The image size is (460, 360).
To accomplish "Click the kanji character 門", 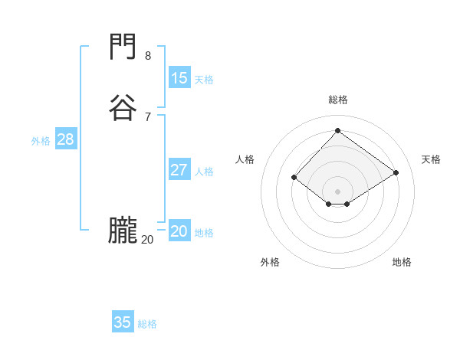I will (123, 49).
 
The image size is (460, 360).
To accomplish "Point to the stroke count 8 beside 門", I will (148, 56).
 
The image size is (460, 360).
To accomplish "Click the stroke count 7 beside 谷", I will (148, 116).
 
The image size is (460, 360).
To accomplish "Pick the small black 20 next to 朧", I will (147, 240).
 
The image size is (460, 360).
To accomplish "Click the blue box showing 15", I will (179, 78).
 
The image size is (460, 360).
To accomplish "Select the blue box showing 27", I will (179, 170).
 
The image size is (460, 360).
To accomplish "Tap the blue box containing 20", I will (179, 231).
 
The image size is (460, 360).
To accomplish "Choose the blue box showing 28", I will (65, 139).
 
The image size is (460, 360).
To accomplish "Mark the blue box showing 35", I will (123, 322).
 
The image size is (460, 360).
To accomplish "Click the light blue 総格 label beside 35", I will (148, 324).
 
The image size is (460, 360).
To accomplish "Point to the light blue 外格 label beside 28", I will (41, 141).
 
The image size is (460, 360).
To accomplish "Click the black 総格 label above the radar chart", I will (338, 100).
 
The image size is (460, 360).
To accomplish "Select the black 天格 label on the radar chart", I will (432, 159).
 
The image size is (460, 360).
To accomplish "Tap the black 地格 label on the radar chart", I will (402, 262).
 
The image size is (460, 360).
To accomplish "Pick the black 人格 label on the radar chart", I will (245, 159).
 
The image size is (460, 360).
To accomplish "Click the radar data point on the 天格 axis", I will (396, 173).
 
